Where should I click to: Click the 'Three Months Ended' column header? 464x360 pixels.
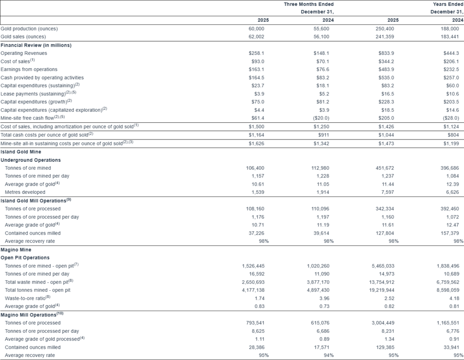coord(309,4)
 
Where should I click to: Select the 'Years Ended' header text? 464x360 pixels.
coord(448,4)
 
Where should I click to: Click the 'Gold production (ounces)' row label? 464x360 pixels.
coord(29,29)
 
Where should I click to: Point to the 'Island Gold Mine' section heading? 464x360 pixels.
coord(21,152)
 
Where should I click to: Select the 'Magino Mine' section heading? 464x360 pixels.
coord(16,250)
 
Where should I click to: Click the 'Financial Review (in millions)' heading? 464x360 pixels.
coord(36,45)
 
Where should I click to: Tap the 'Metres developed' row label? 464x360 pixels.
coord(25,192)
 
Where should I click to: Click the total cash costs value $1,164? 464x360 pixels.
coord(256,134)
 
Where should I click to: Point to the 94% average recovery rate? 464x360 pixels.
coord(328,355)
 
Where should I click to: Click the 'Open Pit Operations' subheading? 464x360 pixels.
coord(25,258)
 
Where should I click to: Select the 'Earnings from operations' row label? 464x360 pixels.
coord(29,69)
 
